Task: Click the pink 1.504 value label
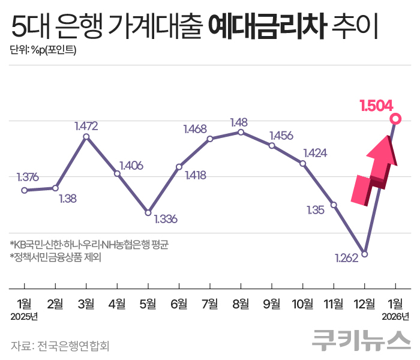point(376,106)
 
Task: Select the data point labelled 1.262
point(364,253)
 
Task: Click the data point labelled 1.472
point(86,137)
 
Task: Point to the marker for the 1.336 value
point(148,212)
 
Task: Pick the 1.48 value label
point(239,122)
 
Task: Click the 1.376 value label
point(28,177)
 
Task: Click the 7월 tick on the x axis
point(209,304)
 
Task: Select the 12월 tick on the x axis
point(364,304)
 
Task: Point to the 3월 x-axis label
point(86,304)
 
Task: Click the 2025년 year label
point(24,316)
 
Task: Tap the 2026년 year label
point(396,316)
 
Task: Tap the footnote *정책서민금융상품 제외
point(55,258)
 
